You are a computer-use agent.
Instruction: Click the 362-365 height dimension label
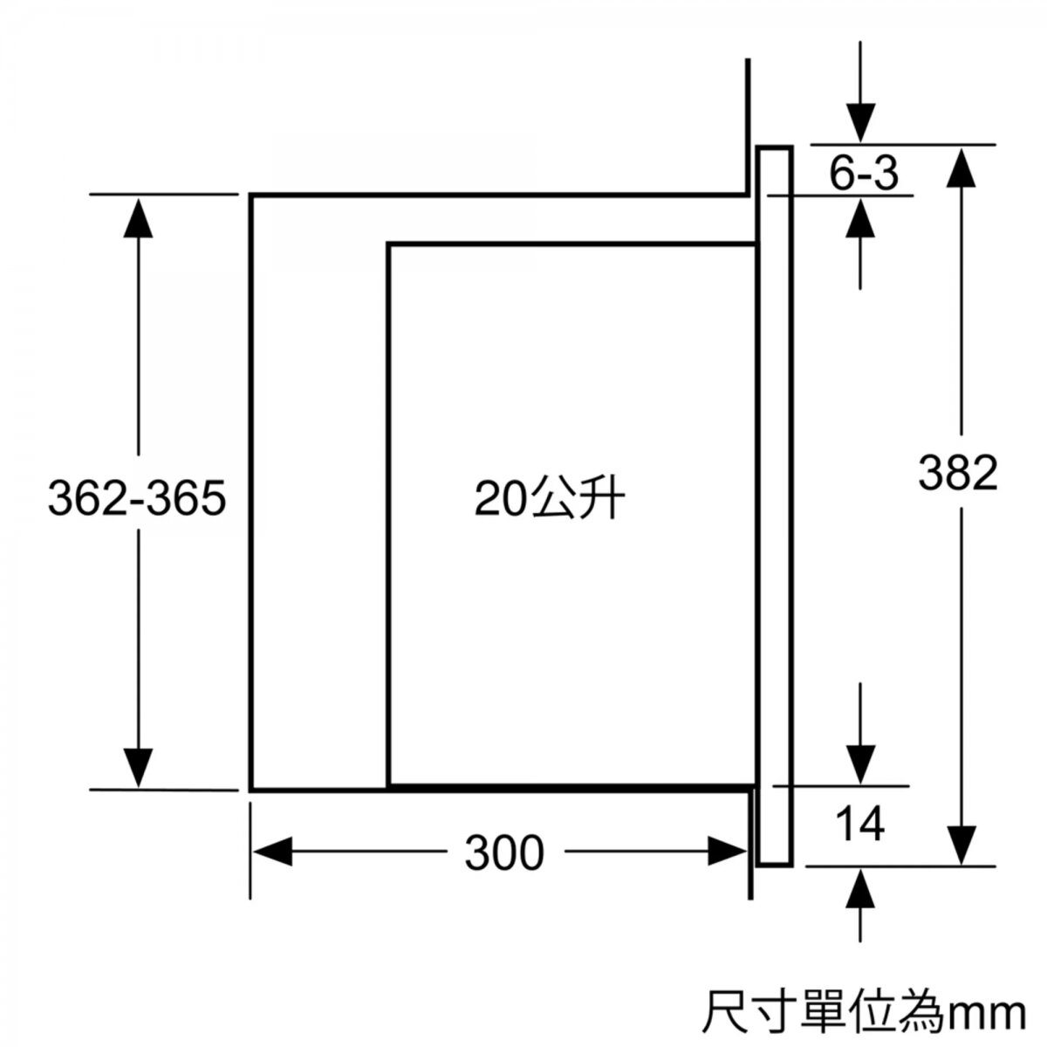tap(137, 497)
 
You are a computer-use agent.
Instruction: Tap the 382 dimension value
tap(958, 472)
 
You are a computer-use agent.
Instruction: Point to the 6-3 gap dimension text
tap(864, 174)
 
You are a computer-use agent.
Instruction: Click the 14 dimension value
tap(859, 824)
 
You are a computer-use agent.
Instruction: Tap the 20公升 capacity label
tap(550, 497)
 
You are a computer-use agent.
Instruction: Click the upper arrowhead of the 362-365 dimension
tap(138, 218)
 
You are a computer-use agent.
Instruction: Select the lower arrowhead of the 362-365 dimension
tap(138, 768)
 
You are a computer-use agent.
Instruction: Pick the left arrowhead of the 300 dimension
tap(273, 851)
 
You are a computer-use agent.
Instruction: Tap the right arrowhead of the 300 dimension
tap(728, 851)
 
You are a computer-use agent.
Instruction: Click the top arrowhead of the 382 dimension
tap(961, 168)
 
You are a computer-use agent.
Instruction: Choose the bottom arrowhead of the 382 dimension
tap(961, 845)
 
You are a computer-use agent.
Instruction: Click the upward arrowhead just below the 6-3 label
tap(860, 217)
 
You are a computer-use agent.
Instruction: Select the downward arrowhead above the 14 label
tap(860, 764)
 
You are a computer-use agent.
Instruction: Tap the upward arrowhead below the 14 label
tap(860, 888)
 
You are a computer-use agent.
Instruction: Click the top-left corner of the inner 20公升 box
tap(389, 245)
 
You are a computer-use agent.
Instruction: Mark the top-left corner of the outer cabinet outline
tap(251, 195)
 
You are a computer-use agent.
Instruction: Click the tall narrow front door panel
tap(775, 505)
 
